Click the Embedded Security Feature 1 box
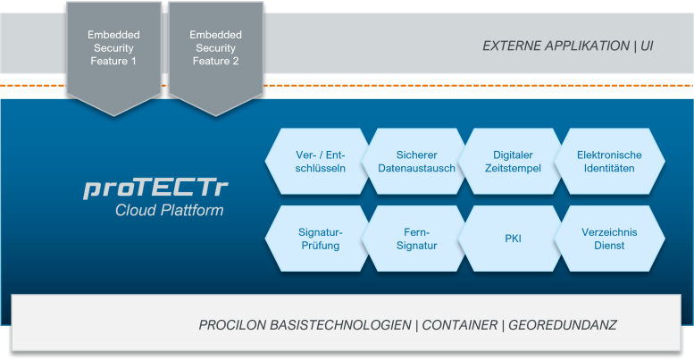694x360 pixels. (x=113, y=50)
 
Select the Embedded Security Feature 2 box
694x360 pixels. (x=215, y=50)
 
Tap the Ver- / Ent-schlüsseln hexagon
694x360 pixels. (x=320, y=162)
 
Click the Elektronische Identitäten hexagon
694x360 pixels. (x=609, y=162)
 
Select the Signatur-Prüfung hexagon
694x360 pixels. (x=320, y=239)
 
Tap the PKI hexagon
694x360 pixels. (x=512, y=239)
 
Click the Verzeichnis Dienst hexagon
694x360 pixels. (x=609, y=239)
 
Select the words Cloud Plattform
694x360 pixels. (x=169, y=211)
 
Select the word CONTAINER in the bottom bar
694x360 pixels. (x=459, y=324)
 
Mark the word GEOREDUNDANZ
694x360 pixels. (x=563, y=324)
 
